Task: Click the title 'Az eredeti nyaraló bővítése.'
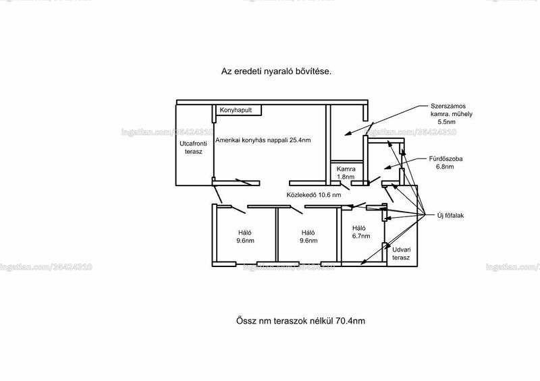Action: point(276,71)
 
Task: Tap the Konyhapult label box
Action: point(238,110)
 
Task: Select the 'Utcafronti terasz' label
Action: point(193,148)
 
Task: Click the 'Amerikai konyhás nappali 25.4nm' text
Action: point(263,140)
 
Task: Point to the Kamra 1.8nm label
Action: point(346,173)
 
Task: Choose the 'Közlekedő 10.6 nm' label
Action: point(314,195)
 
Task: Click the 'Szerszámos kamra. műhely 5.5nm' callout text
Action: point(451,114)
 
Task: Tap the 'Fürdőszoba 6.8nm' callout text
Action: point(446,163)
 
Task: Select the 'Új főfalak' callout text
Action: point(450,216)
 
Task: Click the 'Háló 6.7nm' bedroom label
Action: point(361,232)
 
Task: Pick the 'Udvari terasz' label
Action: point(401,254)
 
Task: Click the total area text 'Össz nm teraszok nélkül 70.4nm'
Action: point(300,321)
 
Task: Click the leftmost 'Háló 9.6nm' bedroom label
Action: point(245,237)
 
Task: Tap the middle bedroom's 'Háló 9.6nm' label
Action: point(308,237)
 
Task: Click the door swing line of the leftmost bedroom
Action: point(238,210)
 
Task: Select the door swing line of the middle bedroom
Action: point(296,210)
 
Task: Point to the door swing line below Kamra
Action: point(344,186)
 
